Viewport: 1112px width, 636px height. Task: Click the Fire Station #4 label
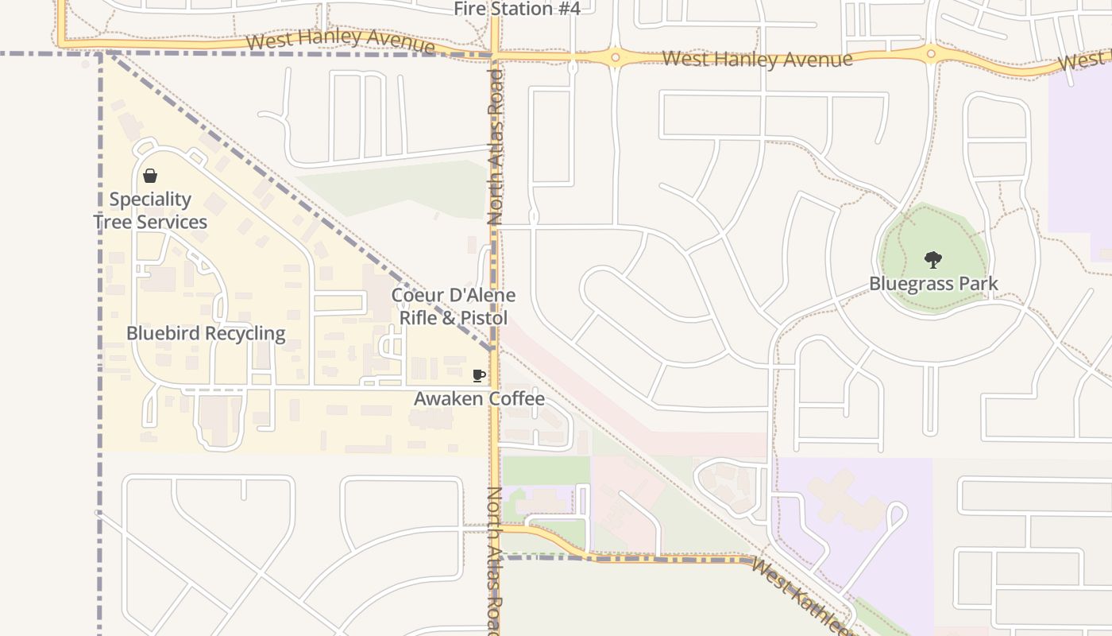click(517, 9)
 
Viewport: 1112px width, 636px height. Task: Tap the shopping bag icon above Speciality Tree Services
click(150, 176)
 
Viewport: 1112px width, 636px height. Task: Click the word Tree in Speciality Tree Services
click(112, 222)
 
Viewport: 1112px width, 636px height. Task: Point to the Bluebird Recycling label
click(206, 333)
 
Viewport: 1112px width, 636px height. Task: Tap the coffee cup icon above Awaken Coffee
click(478, 375)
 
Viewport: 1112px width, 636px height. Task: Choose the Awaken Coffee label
click(479, 398)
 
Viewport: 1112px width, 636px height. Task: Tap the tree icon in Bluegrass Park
click(933, 259)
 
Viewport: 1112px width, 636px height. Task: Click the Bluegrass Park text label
click(933, 284)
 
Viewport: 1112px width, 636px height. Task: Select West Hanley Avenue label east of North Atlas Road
click(757, 59)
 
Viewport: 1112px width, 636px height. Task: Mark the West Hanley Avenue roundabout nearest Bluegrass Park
click(931, 54)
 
